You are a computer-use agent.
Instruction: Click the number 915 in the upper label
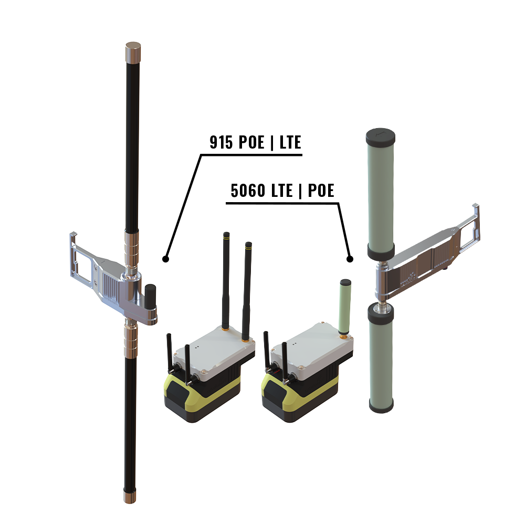[221, 142]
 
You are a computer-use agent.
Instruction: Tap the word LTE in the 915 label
[290, 142]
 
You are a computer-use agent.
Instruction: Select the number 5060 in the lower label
[248, 191]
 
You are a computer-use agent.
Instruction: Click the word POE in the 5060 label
[321, 191]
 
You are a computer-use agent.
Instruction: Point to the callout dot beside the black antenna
[165, 259]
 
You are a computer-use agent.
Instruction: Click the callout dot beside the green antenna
[350, 259]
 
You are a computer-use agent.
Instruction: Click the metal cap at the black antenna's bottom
[130, 495]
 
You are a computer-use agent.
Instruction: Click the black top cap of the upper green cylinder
[380, 136]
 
